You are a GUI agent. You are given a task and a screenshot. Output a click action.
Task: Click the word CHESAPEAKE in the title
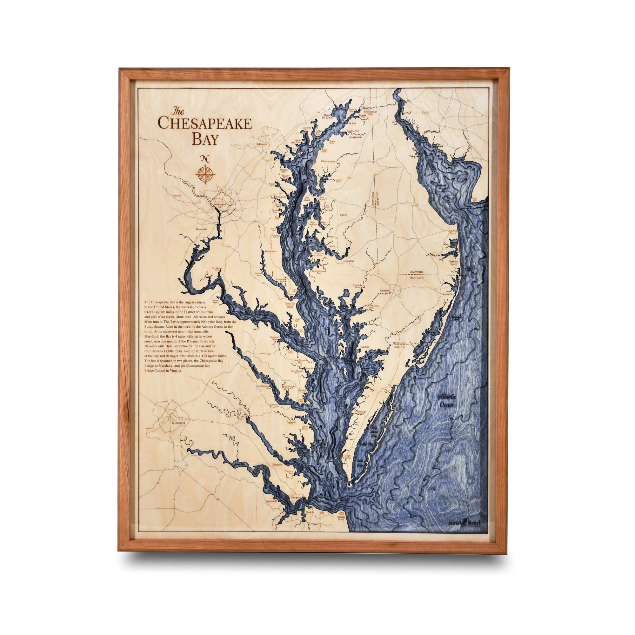tap(204, 123)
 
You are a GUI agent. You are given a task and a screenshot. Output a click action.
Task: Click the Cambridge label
tap(349, 261)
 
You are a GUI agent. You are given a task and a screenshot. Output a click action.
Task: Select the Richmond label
tap(178, 423)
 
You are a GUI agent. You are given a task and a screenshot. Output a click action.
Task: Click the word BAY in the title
tap(205, 139)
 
